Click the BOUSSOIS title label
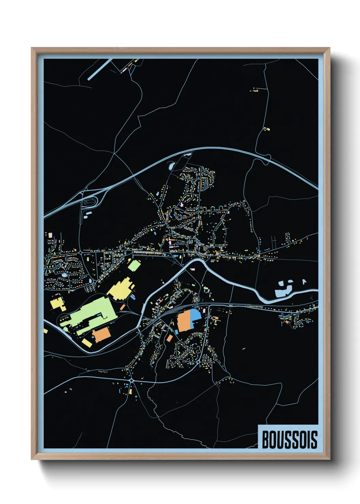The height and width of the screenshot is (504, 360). tap(289, 440)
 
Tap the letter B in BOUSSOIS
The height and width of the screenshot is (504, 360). tap(265, 440)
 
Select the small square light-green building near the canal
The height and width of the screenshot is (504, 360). tap(134, 265)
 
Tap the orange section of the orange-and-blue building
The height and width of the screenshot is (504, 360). tap(185, 322)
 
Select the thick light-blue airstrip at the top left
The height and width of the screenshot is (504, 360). tap(100, 69)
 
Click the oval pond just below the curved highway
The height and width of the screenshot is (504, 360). tap(171, 167)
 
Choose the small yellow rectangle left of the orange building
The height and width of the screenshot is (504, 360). tap(87, 342)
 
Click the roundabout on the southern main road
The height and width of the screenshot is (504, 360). tap(131, 380)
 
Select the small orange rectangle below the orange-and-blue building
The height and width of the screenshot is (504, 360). tap(169, 338)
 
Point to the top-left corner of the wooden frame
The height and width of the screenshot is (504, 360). tap(32, 48)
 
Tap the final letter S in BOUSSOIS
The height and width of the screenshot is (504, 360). tap(313, 440)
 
